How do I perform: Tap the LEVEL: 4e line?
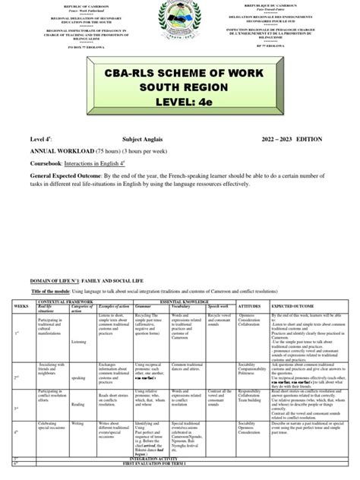coord(180,115)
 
